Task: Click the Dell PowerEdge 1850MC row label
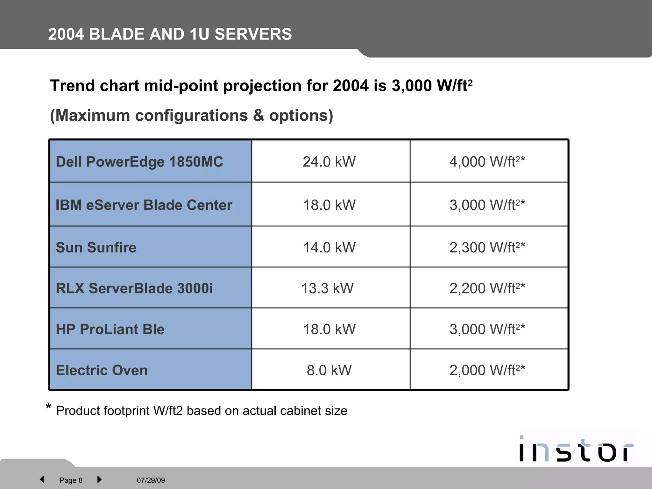pyautogui.click(x=139, y=162)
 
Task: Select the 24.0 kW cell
pyautogui.click(x=329, y=162)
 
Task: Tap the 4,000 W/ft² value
pyautogui.click(x=487, y=162)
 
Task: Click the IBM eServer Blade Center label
pyautogui.click(x=144, y=205)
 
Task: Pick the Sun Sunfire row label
pyautogui.click(x=96, y=247)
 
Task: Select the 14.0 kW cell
pyautogui.click(x=329, y=247)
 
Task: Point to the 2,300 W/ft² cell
pyautogui.click(x=487, y=247)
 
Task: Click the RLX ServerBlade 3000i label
pyautogui.click(x=134, y=288)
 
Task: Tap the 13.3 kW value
pyautogui.click(x=327, y=288)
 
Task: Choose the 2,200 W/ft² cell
pyautogui.click(x=487, y=288)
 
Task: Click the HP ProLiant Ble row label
pyautogui.click(x=110, y=329)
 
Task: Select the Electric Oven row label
pyautogui.click(x=102, y=370)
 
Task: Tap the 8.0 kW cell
pyautogui.click(x=329, y=370)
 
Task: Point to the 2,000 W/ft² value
pyautogui.click(x=487, y=370)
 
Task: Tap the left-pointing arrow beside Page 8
pyautogui.click(x=42, y=479)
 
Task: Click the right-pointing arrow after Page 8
pyautogui.click(x=99, y=479)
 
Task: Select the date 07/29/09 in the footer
pyautogui.click(x=151, y=480)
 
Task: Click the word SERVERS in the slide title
pyautogui.click(x=253, y=34)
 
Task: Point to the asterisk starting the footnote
pyautogui.click(x=48, y=407)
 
